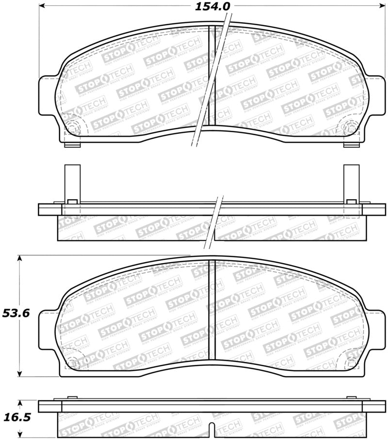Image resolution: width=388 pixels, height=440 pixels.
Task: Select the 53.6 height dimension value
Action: point(16,313)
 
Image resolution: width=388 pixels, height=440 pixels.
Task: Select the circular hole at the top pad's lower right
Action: point(351,128)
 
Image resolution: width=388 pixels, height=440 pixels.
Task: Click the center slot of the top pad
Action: point(211,75)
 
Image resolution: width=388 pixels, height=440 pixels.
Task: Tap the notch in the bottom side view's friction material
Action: point(211,427)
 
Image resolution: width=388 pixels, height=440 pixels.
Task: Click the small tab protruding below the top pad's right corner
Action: point(350,144)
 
